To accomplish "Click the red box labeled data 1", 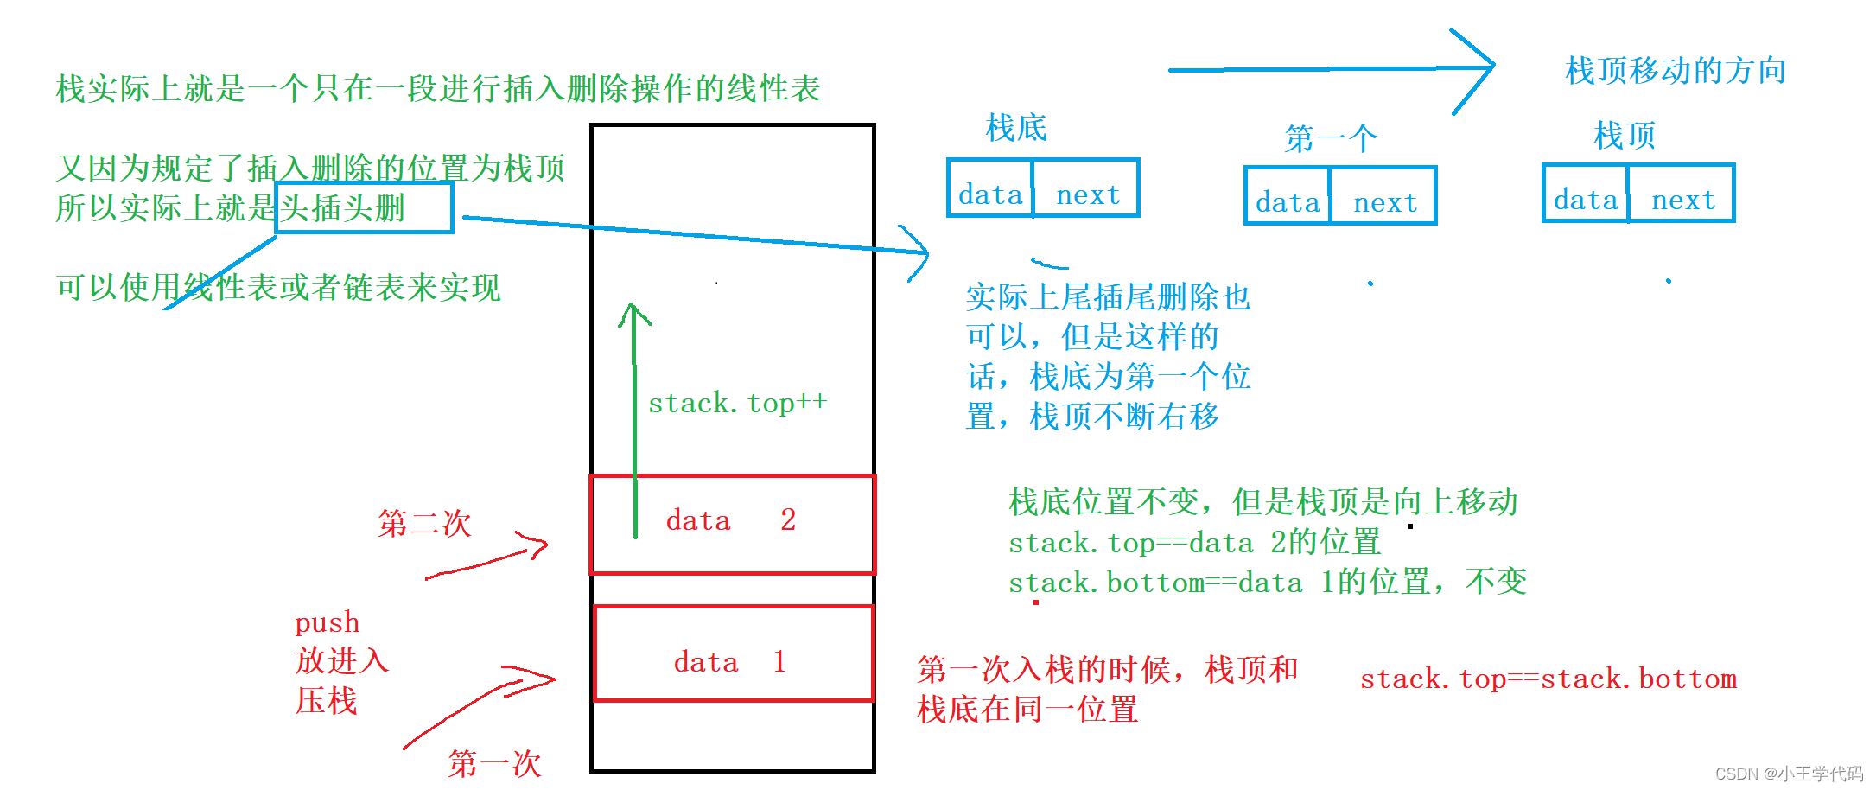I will click(x=734, y=653).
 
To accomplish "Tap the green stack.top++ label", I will click(x=738, y=403).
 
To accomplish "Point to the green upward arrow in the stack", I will click(x=635, y=415).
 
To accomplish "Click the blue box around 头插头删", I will click(x=364, y=207).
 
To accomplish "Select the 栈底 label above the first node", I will click(x=1016, y=128).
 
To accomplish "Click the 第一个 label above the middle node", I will click(x=1331, y=138).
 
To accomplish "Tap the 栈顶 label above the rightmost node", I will click(x=1625, y=135).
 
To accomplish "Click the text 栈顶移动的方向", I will click(x=1676, y=71).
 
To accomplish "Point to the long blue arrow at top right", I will click(x=1331, y=69).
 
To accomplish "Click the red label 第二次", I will click(x=424, y=523).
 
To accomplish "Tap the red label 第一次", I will click(x=494, y=763).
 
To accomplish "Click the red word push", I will click(x=327, y=622).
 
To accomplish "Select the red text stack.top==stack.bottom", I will click(x=1548, y=679).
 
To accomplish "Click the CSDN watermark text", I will click(x=1788, y=774).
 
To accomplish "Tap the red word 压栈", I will click(x=326, y=700).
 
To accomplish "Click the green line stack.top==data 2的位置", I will click(x=1194, y=543).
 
